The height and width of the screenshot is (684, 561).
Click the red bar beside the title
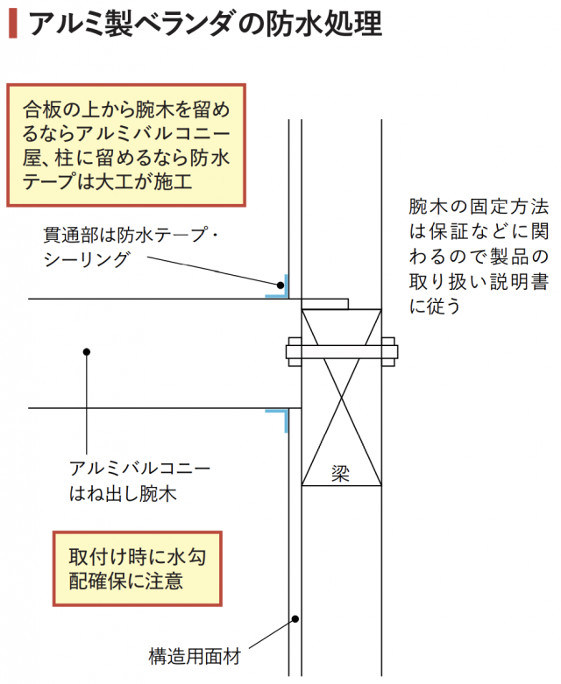tap(11, 24)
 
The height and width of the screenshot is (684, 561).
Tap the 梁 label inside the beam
tap(341, 471)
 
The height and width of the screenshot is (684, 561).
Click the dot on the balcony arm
tap(86, 352)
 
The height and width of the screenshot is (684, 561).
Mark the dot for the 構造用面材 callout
tap(295, 619)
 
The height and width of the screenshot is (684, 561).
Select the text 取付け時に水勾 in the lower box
tap(136, 557)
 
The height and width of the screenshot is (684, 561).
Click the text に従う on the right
tap(434, 306)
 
